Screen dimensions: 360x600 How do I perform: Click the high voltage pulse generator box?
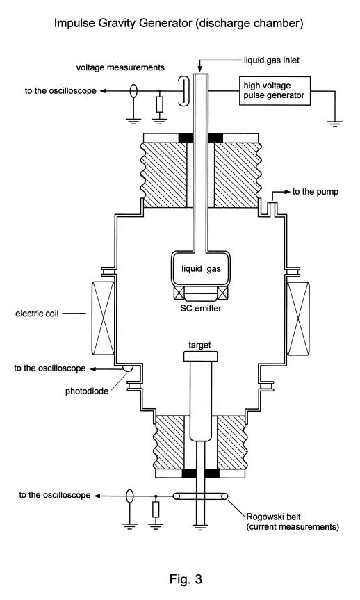tap(275, 90)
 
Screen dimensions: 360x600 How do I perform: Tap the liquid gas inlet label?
tap(272, 60)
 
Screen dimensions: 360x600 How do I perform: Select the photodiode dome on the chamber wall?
tap(128, 368)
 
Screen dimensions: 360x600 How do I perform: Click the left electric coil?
tap(103, 318)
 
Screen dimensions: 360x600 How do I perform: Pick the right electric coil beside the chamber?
tap(298, 318)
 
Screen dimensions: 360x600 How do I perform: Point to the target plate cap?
tap(200, 356)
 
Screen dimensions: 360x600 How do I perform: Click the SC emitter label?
tap(201, 308)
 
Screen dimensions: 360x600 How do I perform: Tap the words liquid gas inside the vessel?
tap(201, 268)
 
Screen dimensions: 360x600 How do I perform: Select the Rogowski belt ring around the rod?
tap(200, 496)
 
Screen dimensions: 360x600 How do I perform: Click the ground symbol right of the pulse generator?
tap(335, 123)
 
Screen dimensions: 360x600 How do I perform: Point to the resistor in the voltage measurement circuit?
tap(160, 104)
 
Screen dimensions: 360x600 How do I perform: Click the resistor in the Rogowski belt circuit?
tap(155, 510)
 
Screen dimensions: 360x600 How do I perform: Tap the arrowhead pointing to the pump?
tap(287, 192)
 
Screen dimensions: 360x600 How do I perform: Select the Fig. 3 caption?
tap(186, 578)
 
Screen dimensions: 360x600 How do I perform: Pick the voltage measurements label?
tap(120, 67)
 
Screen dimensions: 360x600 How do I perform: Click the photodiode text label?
tap(87, 391)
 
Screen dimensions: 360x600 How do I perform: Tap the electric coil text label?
tap(37, 314)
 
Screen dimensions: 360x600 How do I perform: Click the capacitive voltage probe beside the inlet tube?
tap(183, 90)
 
